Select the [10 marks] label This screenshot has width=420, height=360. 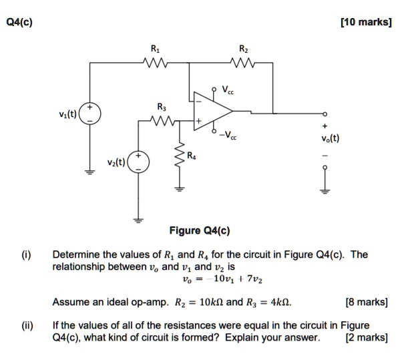(x=365, y=22)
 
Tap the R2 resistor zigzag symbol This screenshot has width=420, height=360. (x=242, y=63)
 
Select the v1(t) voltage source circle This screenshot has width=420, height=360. (x=91, y=112)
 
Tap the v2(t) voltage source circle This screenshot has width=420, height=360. (x=139, y=162)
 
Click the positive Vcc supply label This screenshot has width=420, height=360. (x=228, y=91)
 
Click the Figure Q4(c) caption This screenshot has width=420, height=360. (x=198, y=231)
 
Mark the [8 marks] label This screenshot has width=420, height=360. (x=368, y=302)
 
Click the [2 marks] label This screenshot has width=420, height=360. (x=367, y=337)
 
